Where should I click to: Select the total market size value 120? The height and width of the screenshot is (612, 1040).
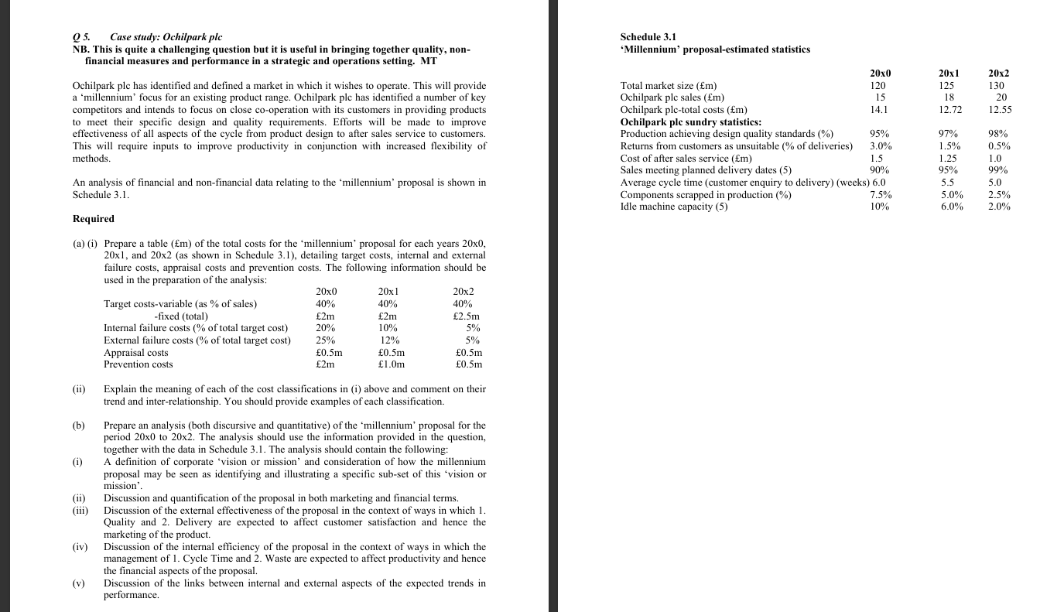coord(877,85)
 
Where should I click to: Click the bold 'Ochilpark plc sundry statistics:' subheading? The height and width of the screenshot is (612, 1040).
coord(691,121)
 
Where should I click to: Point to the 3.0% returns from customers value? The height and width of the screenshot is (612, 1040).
coord(880,146)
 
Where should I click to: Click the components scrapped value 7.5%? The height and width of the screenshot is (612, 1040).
coord(881,195)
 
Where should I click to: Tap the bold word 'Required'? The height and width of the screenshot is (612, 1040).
coord(93,219)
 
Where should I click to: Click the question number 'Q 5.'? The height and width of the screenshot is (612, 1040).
coord(81,37)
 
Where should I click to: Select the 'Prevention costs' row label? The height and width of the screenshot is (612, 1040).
coord(139,364)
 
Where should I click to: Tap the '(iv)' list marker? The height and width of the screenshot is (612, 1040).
coord(81,546)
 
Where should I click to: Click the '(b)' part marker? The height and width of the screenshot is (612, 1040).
coord(79,426)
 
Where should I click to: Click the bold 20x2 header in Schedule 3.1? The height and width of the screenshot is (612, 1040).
coord(999,74)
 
